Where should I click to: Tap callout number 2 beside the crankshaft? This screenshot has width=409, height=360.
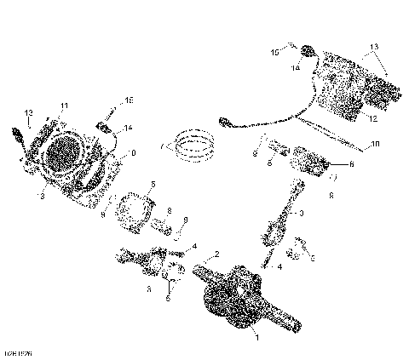coord(216,254)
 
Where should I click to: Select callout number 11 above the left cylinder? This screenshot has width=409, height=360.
coord(63,105)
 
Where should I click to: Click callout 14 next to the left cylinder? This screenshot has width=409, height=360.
coord(128,129)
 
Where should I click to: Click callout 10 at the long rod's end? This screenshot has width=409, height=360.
coord(376,146)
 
